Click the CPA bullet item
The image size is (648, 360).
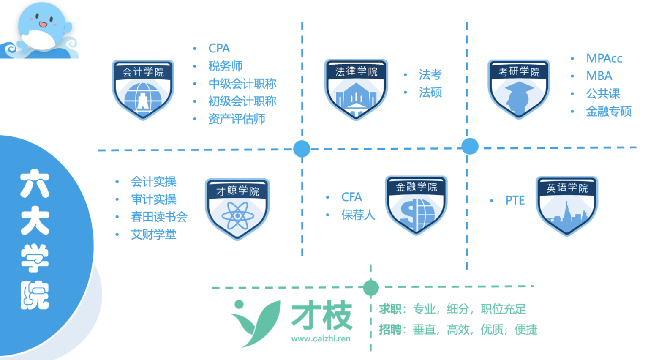(219, 48)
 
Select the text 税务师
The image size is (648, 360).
(225, 66)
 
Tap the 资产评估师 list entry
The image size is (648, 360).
(237, 119)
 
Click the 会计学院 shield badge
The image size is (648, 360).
(143, 90)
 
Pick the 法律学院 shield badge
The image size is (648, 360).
(356, 89)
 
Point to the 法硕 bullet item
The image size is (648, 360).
(430, 92)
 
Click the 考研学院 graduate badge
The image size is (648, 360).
(519, 89)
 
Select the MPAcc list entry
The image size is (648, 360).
(604, 58)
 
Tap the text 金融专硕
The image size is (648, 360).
(608, 112)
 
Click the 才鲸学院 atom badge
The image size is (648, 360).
(237, 209)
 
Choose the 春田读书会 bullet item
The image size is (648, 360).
(159, 217)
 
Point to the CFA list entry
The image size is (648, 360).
(351, 197)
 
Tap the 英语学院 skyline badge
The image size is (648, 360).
(566, 206)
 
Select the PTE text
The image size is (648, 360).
(515, 200)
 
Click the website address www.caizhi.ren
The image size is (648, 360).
(321, 339)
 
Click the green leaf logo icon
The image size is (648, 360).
(254, 322)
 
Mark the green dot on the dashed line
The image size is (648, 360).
(371, 288)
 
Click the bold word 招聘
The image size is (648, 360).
(390, 330)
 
